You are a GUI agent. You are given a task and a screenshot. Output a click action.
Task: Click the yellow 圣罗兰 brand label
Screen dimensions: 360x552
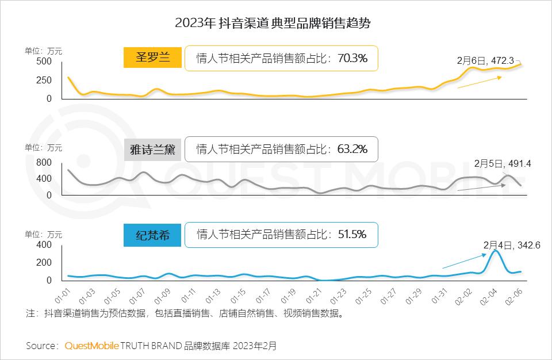pos(152,58)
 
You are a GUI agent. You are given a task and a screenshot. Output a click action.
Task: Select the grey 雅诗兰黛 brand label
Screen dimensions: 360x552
pos(152,150)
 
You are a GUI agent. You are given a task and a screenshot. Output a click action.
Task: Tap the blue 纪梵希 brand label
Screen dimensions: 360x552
pos(152,235)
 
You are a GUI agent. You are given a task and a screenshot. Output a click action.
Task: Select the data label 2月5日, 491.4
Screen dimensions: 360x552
pos(502,164)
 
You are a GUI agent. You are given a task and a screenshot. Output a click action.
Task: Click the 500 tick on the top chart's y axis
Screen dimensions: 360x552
pos(44,62)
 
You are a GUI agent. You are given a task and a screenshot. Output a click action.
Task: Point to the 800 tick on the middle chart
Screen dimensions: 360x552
pos(44,163)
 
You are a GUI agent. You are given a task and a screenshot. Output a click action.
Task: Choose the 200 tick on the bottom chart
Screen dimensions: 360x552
pos(44,263)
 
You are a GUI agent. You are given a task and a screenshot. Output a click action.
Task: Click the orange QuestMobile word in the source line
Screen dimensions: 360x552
pos(92,346)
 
